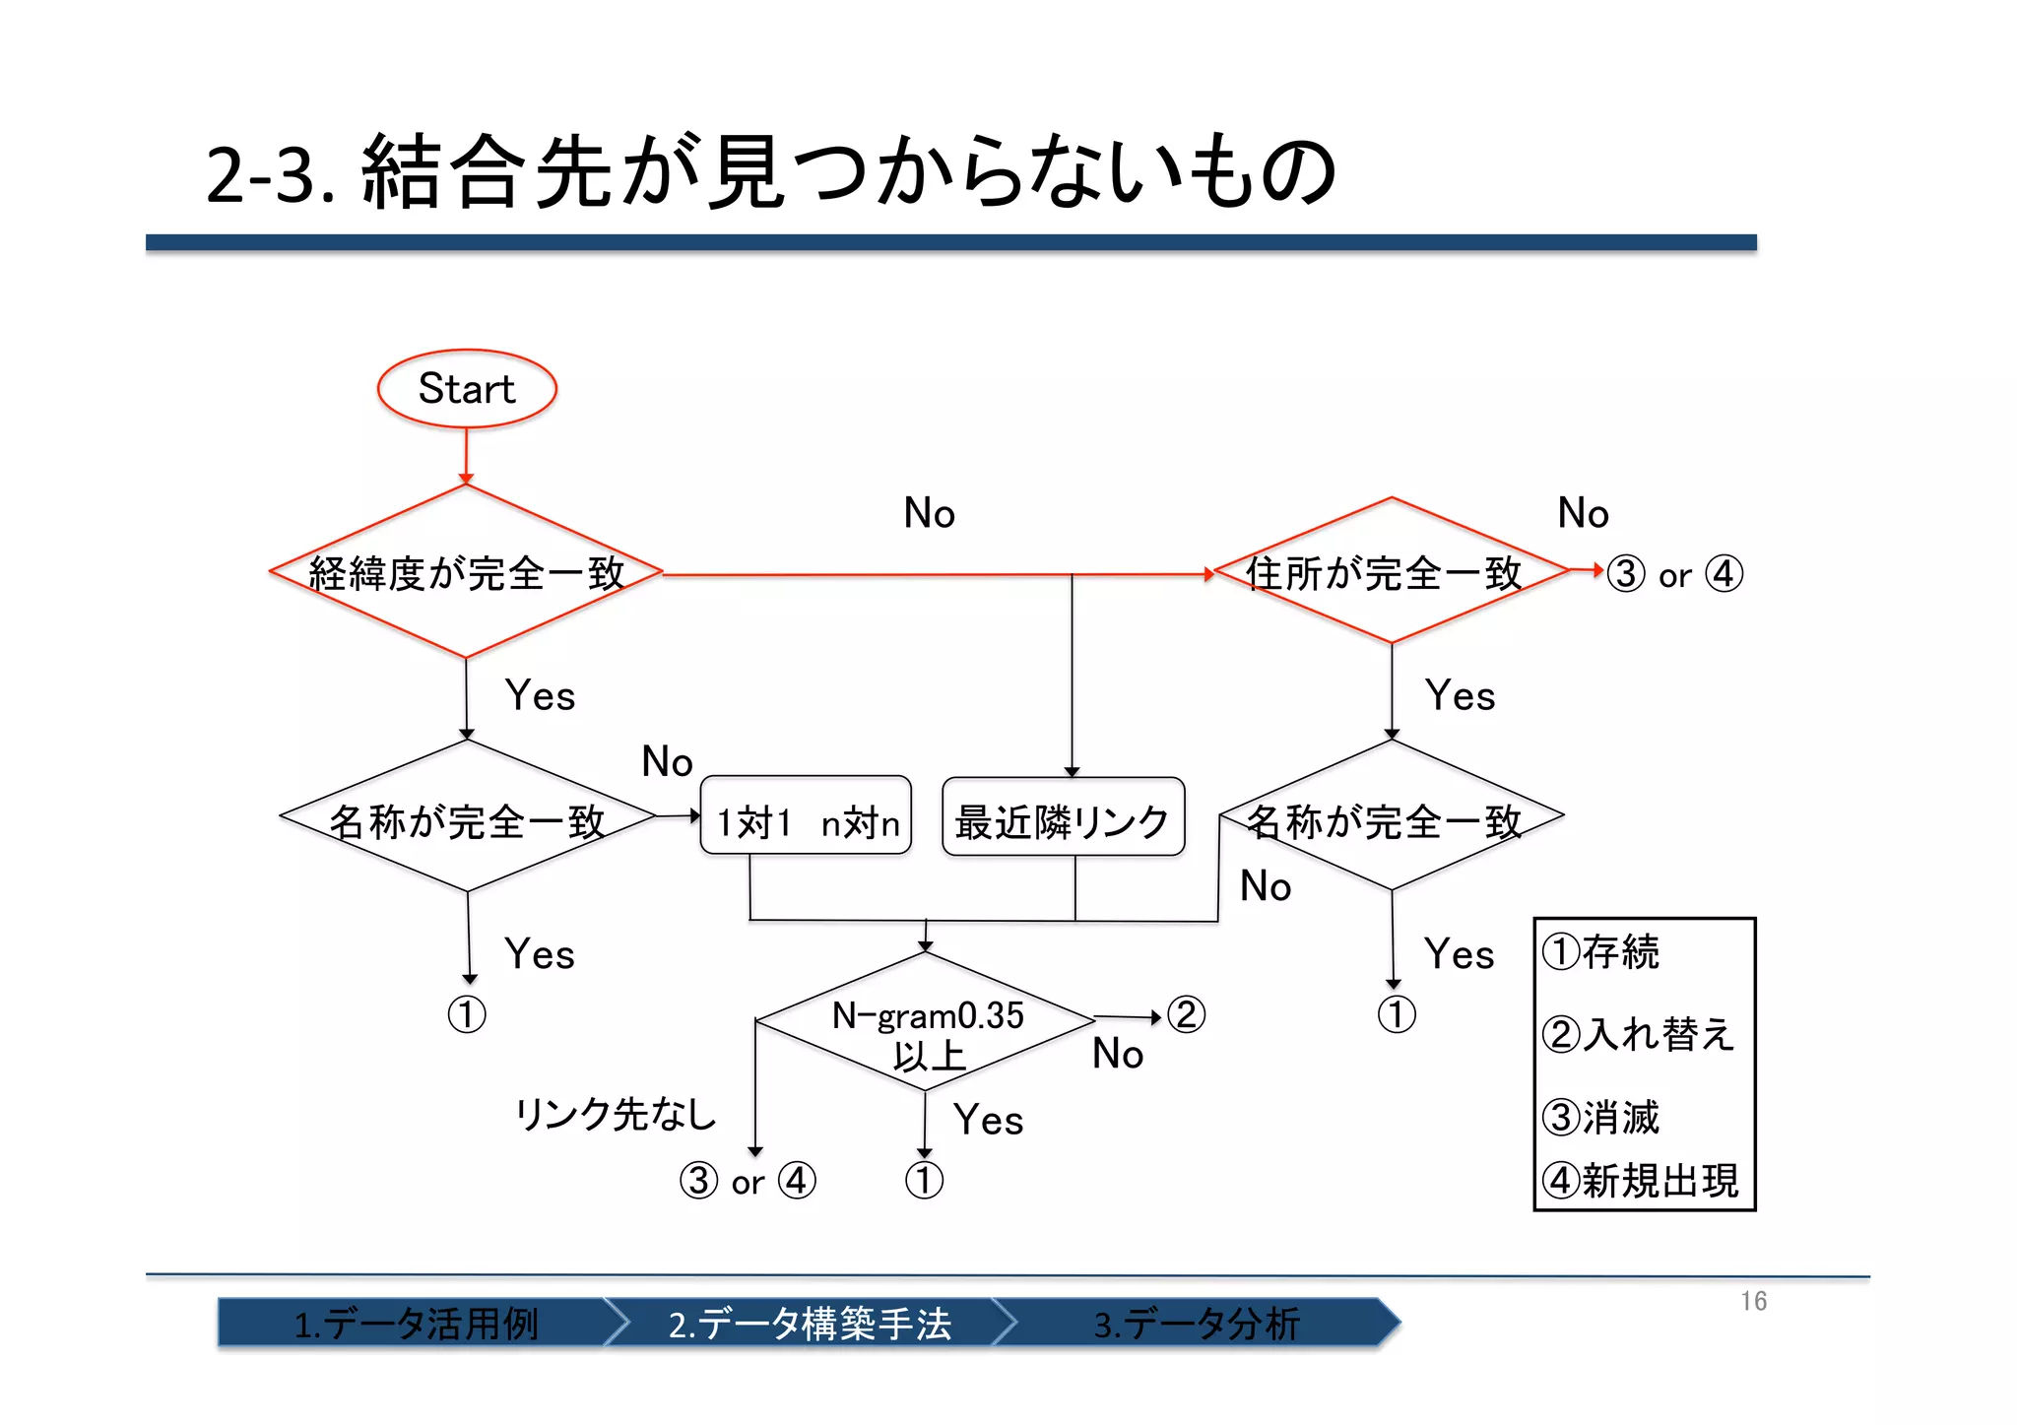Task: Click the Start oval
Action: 467,389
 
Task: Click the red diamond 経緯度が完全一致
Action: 466,573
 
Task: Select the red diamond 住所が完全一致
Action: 1390,572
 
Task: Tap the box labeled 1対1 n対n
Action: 806,816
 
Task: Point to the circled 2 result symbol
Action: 1186,1015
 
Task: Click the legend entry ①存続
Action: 1602,952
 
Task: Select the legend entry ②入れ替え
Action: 1638,1034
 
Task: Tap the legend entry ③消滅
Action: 1602,1118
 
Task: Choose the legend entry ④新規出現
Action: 1642,1181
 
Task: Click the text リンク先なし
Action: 617,1115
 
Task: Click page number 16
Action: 1753,1302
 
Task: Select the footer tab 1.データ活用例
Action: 416,1324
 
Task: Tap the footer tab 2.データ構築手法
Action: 810,1324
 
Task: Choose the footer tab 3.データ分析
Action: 1197,1324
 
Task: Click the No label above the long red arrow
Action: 929,513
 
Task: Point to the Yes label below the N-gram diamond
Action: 988,1121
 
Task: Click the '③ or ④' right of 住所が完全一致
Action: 1674,574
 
